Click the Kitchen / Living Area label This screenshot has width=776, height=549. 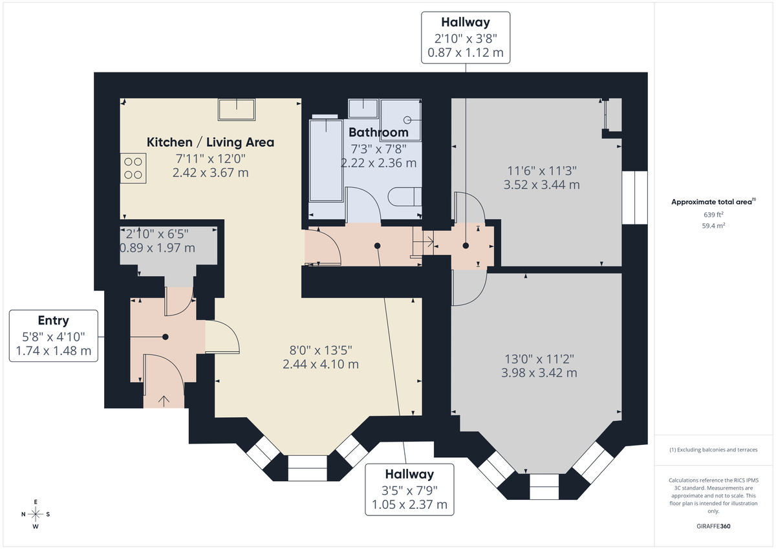point(210,142)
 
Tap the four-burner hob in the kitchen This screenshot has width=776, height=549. point(133,169)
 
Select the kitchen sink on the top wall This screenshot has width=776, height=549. point(237,109)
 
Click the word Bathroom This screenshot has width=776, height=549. point(378,133)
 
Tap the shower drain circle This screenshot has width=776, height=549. point(408,120)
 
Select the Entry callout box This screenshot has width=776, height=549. point(54,336)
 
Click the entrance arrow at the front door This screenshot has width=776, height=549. point(162,400)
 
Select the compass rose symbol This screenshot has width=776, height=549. point(36,514)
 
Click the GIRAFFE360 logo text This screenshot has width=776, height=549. point(713,526)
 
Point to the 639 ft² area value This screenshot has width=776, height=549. point(713,214)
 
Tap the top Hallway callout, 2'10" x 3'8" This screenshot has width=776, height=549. point(465,38)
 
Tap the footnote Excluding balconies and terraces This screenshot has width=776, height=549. point(713,449)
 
